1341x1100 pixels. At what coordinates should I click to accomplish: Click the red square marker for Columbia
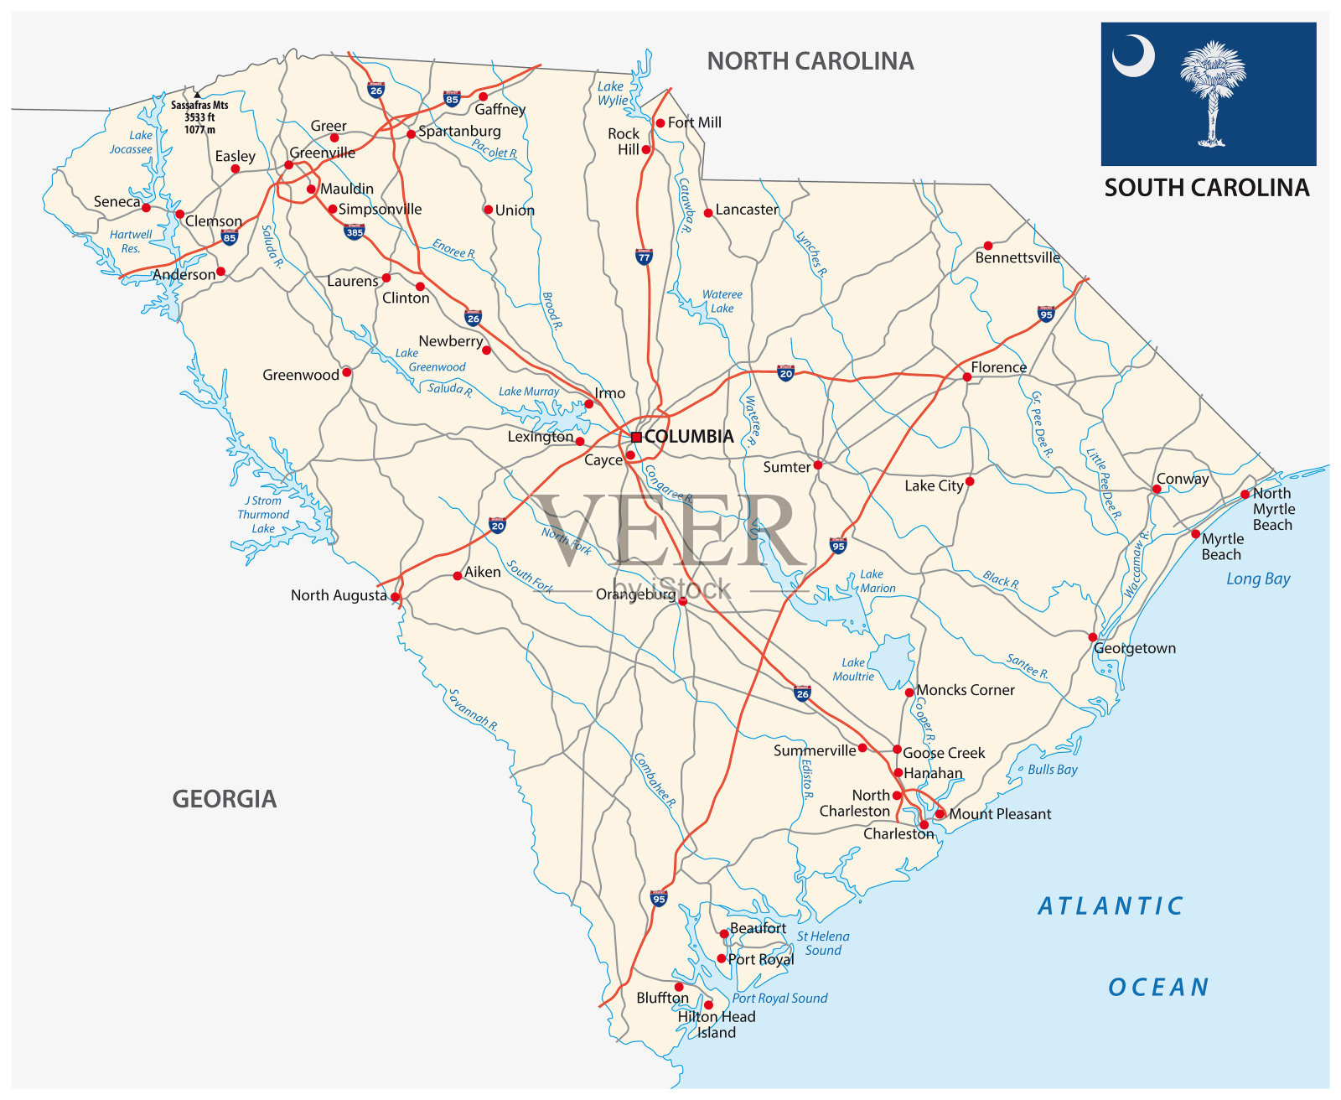pyautogui.click(x=636, y=437)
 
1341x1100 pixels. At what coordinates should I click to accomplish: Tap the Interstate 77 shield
pyautogui.click(x=644, y=257)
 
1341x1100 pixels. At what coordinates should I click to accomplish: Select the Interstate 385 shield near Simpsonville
pyautogui.click(x=355, y=231)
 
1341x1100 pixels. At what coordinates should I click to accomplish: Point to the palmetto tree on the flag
pyautogui.click(x=1212, y=92)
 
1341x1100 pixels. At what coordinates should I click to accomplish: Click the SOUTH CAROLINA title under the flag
pyautogui.click(x=1206, y=188)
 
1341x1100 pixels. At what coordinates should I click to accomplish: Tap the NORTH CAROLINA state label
pyautogui.click(x=810, y=61)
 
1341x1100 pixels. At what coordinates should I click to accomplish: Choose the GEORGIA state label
pyautogui.click(x=225, y=799)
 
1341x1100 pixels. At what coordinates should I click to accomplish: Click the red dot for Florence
pyautogui.click(x=967, y=377)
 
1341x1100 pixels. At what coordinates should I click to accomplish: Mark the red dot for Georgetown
pyautogui.click(x=1093, y=637)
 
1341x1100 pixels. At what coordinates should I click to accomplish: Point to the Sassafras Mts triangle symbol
pyautogui.click(x=197, y=95)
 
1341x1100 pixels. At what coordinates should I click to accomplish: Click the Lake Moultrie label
pyautogui.click(x=853, y=669)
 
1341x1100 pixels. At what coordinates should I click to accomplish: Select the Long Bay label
pyautogui.click(x=1258, y=579)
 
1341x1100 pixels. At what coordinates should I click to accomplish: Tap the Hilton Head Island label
pyautogui.click(x=717, y=1025)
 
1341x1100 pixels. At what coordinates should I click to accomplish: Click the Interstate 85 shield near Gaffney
pyautogui.click(x=452, y=99)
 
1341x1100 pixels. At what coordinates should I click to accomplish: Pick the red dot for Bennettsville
pyautogui.click(x=988, y=246)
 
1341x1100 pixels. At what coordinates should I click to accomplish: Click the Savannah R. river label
pyautogui.click(x=473, y=711)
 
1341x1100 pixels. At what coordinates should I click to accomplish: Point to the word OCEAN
pyautogui.click(x=1158, y=988)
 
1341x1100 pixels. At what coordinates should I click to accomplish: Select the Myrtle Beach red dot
pyautogui.click(x=1195, y=534)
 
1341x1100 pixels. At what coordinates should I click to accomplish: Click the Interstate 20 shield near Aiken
pyautogui.click(x=498, y=526)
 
